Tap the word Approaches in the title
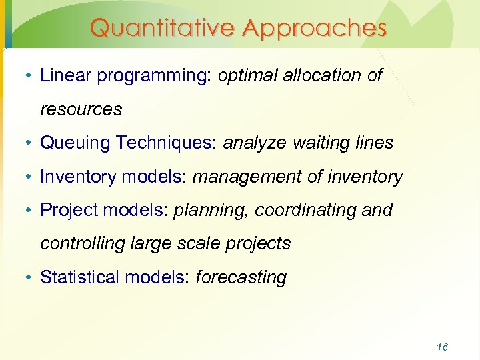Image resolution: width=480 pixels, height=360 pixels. click(315, 28)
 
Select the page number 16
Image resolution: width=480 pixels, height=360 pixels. click(441, 347)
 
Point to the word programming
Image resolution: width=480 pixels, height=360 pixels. click(153, 76)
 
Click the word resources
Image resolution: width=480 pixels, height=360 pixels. click(81, 109)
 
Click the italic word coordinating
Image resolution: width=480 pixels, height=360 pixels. click(303, 210)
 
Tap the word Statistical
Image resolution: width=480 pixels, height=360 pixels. click(78, 277)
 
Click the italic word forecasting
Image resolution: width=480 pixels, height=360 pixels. click(241, 277)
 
